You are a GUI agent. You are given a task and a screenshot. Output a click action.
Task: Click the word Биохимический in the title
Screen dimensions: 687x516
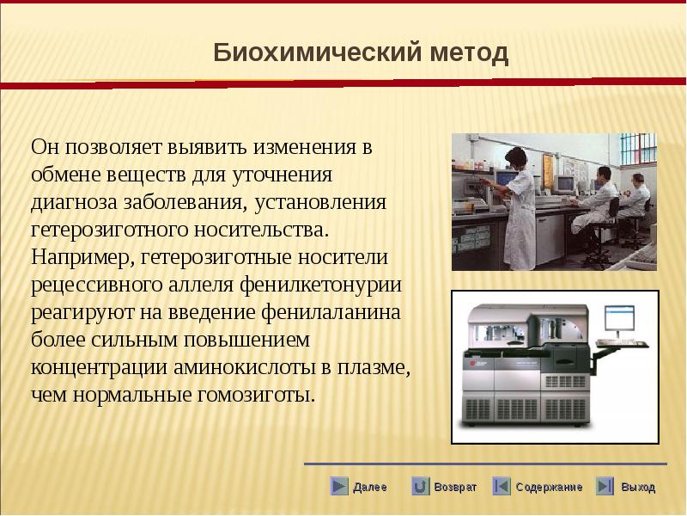point(318,53)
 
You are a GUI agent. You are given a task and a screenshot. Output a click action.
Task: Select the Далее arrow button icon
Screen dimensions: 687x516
point(338,486)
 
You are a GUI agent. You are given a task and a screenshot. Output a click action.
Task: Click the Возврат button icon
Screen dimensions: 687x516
point(420,486)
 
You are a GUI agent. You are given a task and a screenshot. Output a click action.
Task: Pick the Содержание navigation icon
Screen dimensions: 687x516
point(502,486)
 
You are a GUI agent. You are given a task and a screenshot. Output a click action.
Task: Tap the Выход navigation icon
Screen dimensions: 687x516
point(605,486)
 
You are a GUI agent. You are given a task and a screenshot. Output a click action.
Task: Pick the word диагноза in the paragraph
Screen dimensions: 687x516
point(74,203)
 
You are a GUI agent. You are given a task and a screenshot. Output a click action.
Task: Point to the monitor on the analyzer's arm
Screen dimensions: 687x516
point(619,318)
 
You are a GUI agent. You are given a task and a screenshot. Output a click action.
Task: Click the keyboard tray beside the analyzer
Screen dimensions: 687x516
point(621,345)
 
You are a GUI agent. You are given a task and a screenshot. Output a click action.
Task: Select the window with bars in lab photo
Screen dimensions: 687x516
point(638,149)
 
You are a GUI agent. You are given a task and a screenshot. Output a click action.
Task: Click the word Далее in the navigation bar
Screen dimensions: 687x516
point(370,487)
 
